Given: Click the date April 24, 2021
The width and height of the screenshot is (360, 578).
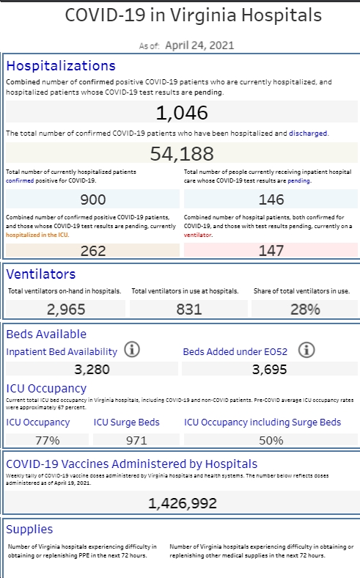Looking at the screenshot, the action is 199,45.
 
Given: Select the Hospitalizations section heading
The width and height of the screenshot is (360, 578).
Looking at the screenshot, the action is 61,65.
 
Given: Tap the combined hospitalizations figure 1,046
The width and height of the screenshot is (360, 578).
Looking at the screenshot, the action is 182,113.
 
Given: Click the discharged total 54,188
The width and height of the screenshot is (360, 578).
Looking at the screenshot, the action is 182,154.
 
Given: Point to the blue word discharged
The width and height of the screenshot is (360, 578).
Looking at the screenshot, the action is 308,133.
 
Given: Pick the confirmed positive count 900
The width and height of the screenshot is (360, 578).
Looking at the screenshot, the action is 93,200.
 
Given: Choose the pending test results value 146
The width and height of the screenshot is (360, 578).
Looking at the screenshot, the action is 271,200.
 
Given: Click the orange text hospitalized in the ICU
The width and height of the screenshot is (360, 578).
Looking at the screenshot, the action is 37,235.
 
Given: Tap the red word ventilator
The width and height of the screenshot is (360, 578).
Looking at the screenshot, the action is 198,235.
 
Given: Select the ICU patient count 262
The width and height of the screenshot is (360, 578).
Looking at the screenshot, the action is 93,251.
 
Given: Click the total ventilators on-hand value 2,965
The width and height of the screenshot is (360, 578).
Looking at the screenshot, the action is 66,310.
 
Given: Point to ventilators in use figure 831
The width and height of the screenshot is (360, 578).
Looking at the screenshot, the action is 189,310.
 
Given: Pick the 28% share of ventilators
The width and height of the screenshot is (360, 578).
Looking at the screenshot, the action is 305,310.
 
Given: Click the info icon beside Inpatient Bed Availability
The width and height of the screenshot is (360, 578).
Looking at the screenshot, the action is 132,349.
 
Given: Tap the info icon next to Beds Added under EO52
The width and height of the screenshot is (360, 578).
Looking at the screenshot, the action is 306,349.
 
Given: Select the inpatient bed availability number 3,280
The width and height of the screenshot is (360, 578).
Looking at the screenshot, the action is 92,370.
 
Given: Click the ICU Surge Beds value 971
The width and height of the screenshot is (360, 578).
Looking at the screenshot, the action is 136,441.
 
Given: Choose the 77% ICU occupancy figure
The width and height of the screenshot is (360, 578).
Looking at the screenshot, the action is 48,441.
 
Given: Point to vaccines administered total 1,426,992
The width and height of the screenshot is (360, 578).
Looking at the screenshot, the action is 183,503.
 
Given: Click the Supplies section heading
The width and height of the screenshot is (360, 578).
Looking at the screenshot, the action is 29,530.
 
